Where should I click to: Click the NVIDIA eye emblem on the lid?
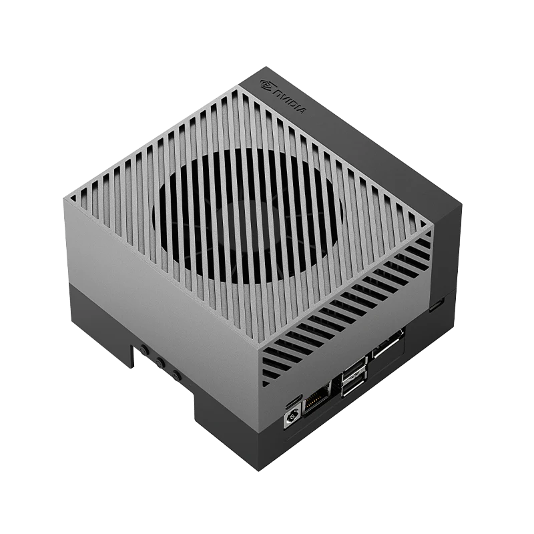[266, 85]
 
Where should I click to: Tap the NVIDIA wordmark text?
[290, 101]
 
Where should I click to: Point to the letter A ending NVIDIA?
[302, 111]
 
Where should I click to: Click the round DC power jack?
[293, 417]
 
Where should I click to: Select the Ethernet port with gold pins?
[316, 400]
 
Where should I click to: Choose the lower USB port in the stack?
[354, 385]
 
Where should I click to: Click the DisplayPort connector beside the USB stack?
[388, 343]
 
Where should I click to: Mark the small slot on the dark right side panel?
[437, 305]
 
